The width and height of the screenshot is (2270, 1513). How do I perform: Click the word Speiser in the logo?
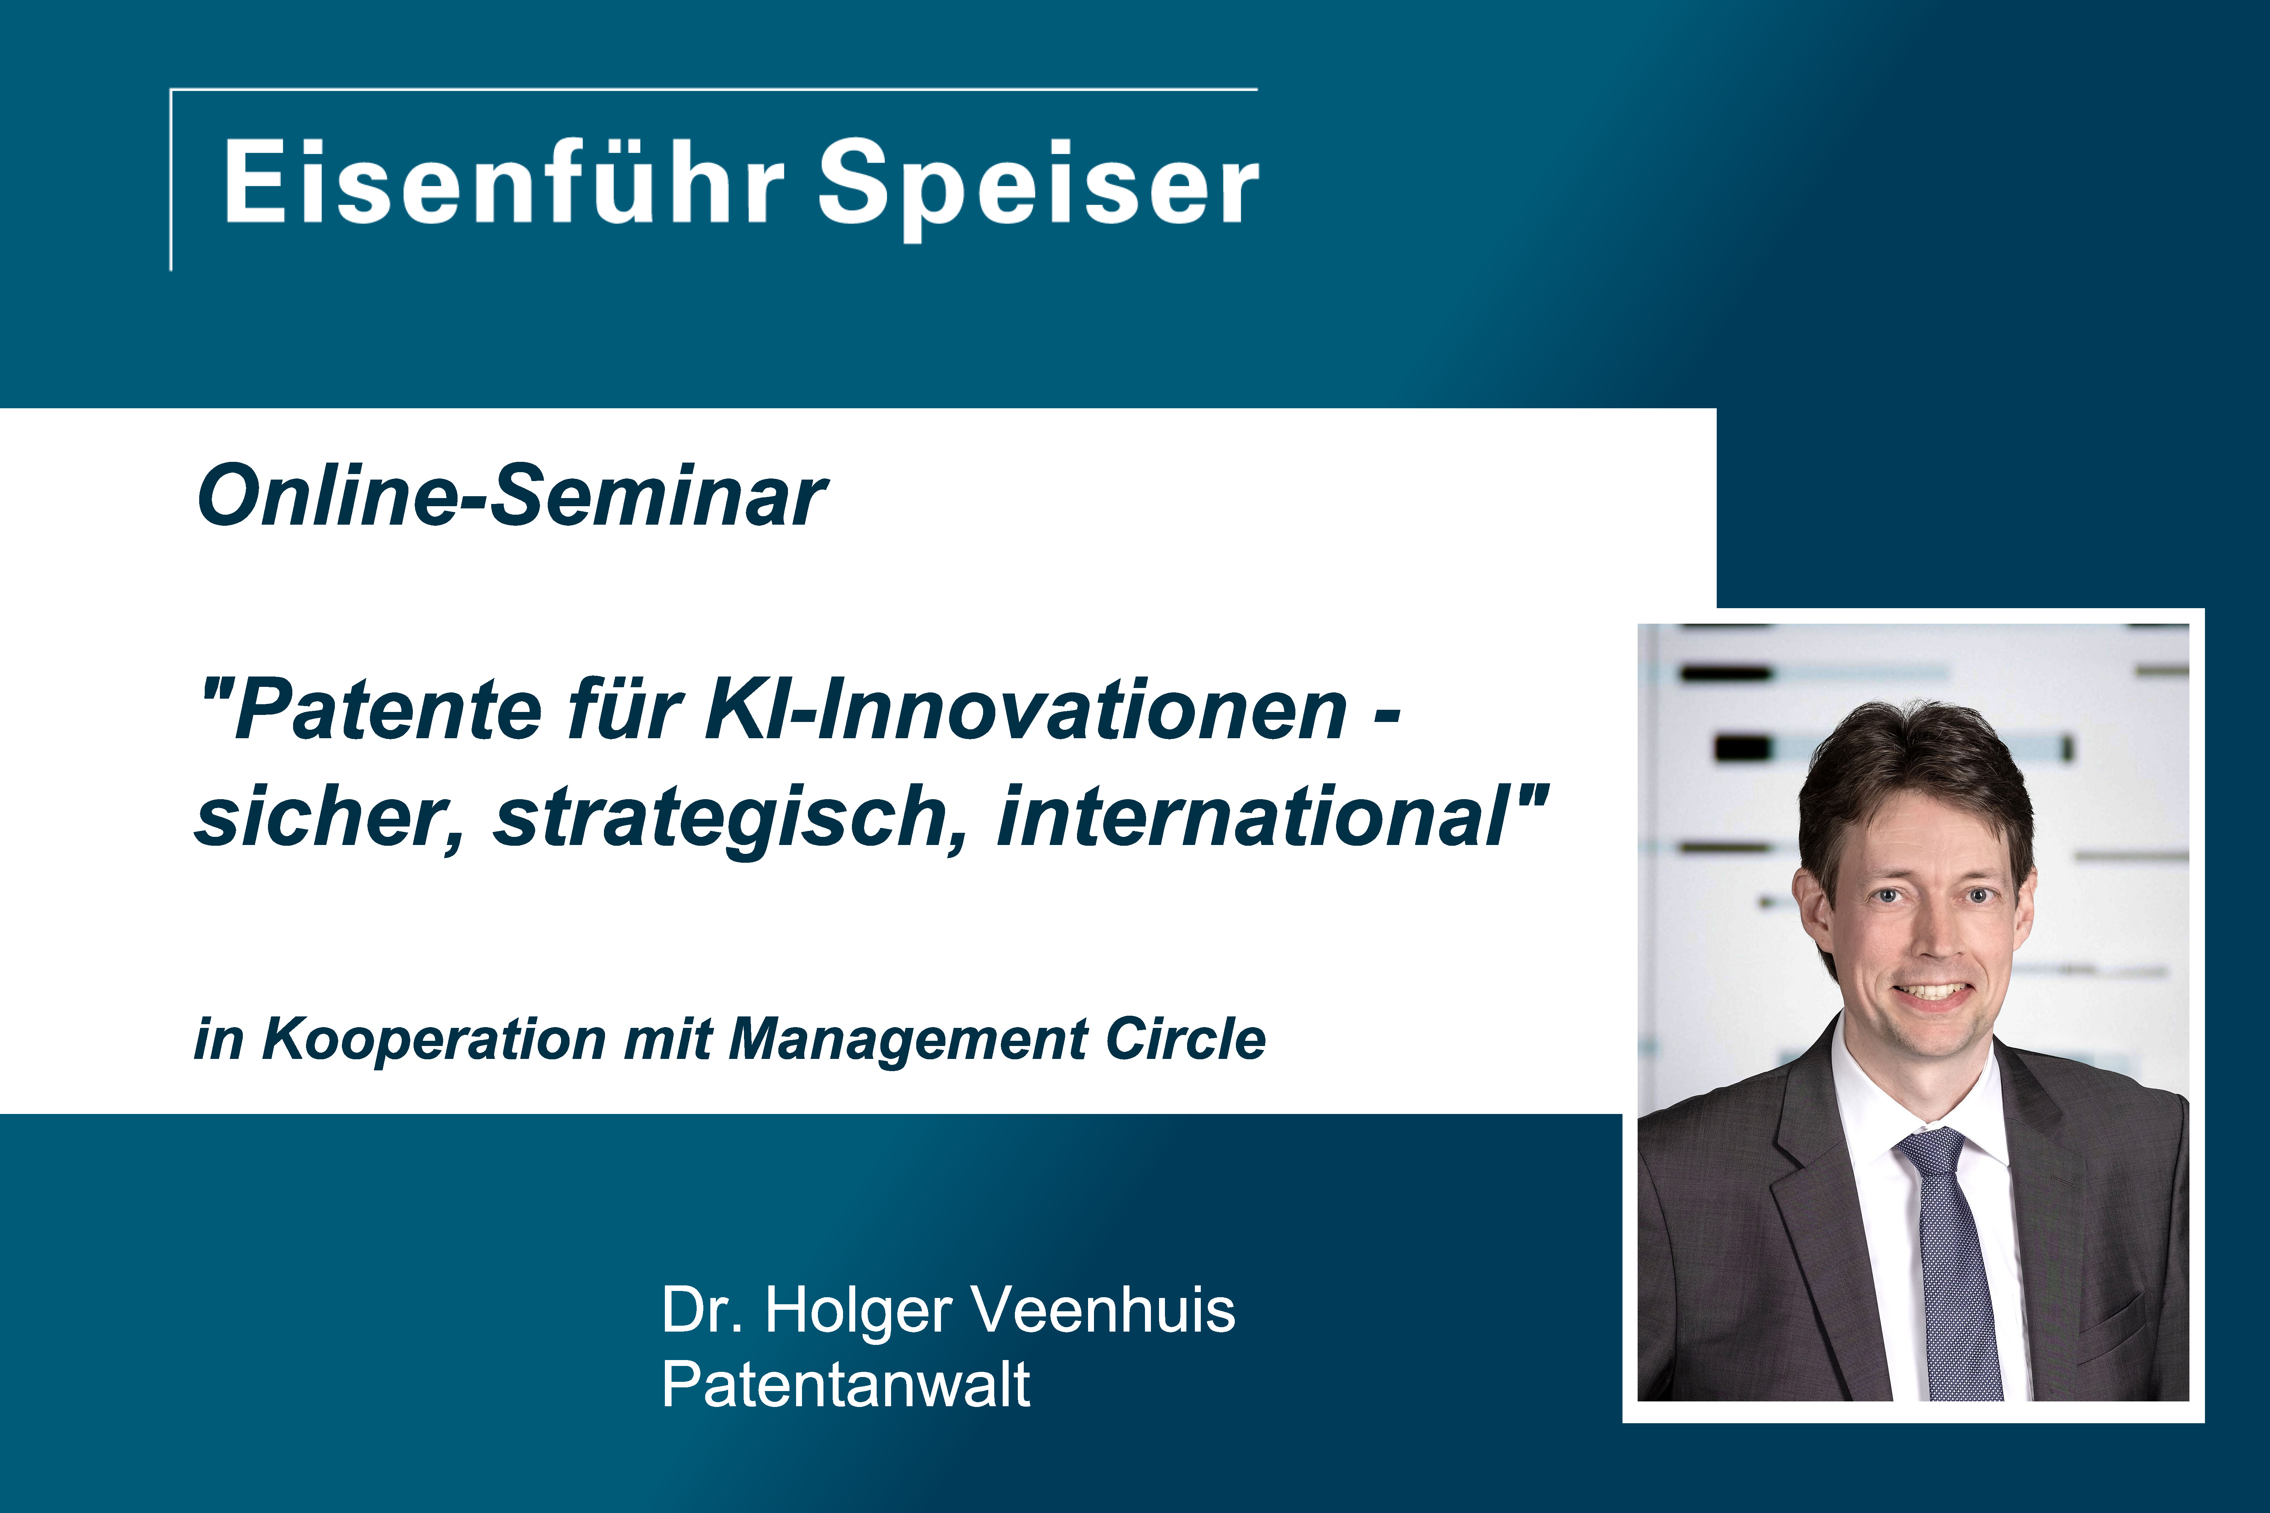coord(1039,188)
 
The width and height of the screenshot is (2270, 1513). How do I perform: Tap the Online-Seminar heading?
coord(512,496)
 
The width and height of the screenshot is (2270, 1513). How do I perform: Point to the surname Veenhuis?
coord(1102,1311)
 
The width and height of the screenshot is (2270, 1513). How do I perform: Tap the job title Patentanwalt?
coord(846,1385)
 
